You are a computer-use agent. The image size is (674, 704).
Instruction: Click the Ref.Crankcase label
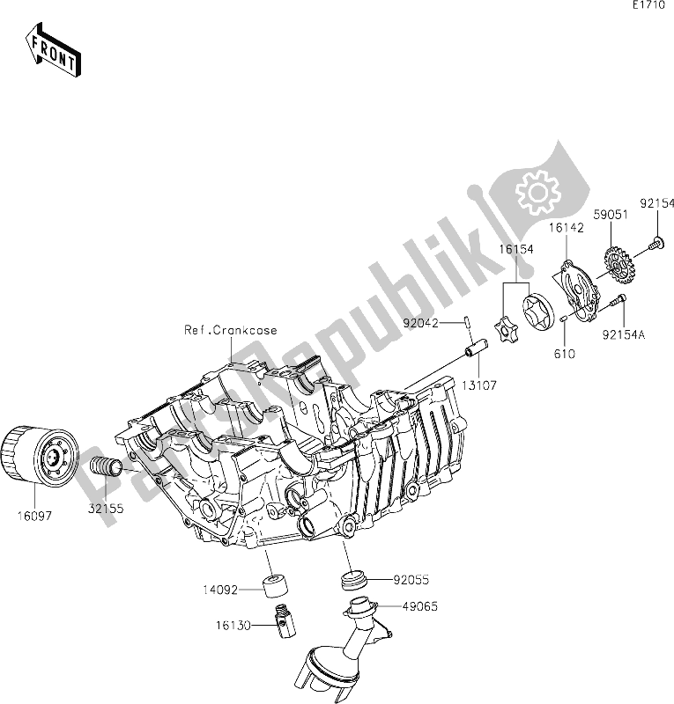(x=230, y=331)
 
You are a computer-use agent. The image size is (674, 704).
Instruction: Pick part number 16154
(x=520, y=251)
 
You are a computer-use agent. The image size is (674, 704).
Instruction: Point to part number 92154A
(x=629, y=334)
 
